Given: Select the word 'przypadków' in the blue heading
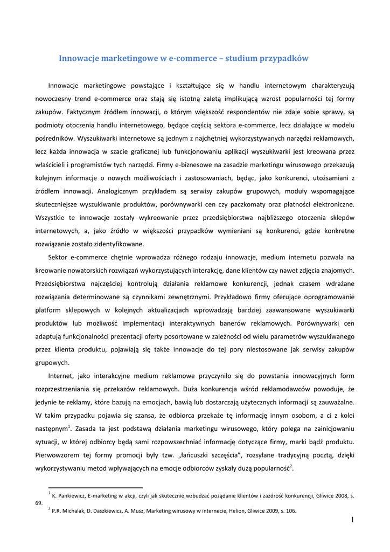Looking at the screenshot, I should click(285, 58).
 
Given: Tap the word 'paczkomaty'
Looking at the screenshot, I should click(275, 204).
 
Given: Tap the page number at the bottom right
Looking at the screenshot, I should click(352, 520).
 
